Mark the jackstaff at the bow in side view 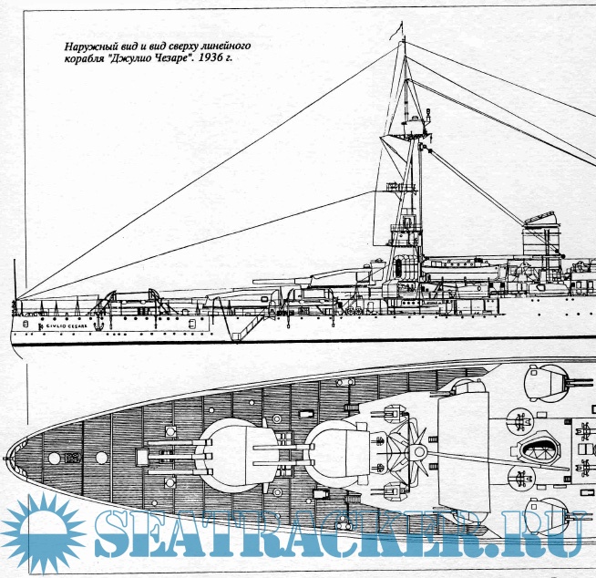(x=15, y=278)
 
